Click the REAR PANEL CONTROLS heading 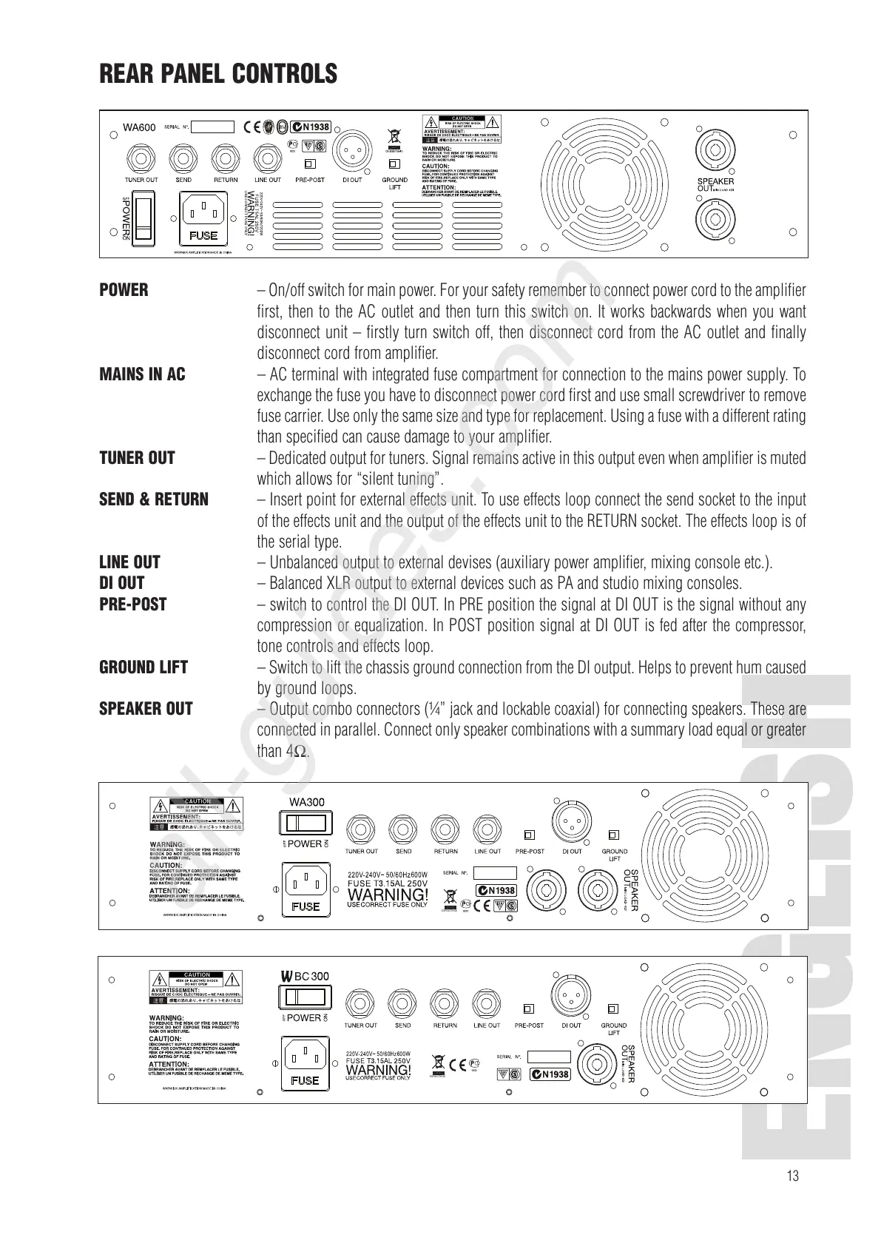tap(218, 74)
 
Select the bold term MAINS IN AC tap(142, 374)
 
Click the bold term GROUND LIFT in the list tap(144, 667)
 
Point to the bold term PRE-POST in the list tap(133, 605)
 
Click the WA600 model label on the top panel tap(139, 127)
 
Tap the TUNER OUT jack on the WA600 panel tap(141, 157)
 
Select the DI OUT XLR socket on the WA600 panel tap(352, 154)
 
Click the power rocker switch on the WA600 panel tap(144, 218)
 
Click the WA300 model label tap(306, 802)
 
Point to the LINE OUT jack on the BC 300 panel tap(486, 1002)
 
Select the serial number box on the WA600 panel tap(212, 127)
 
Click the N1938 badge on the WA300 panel tap(496, 890)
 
